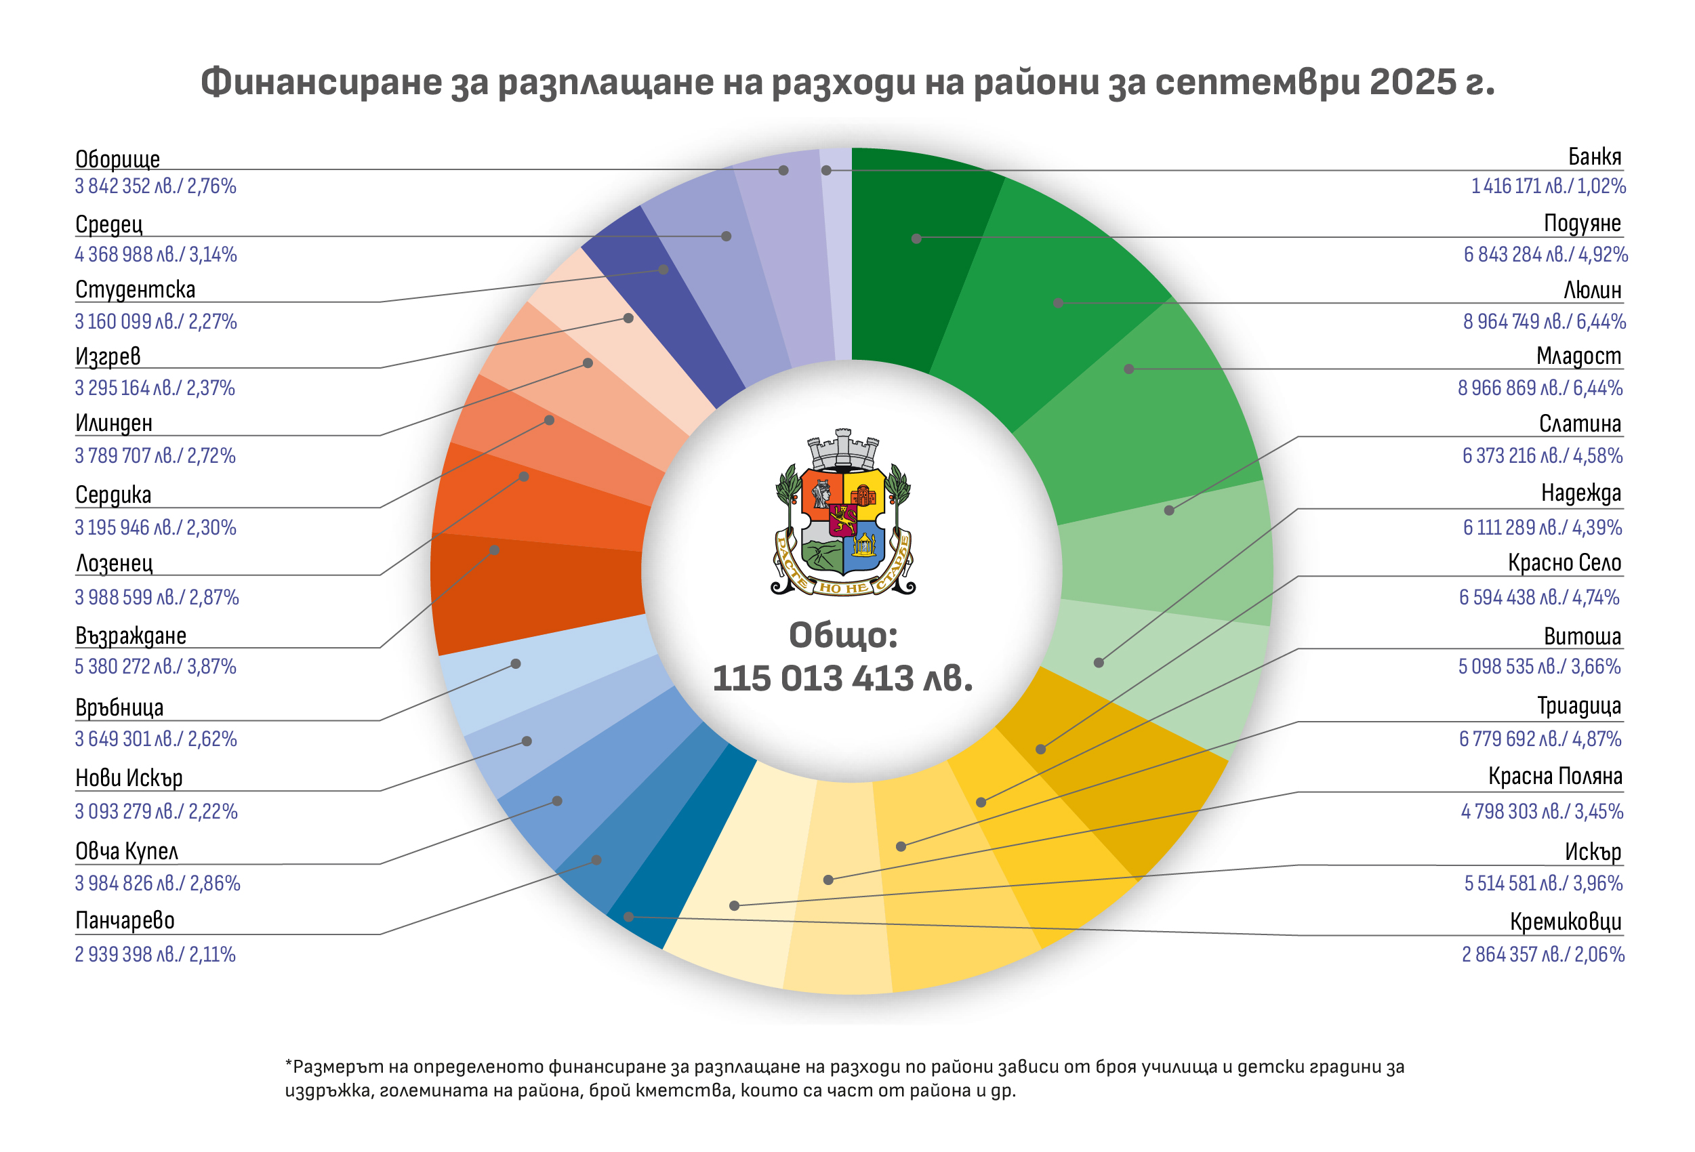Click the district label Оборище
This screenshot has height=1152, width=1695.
(x=117, y=159)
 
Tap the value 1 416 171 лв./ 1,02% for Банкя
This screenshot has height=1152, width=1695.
(x=1548, y=186)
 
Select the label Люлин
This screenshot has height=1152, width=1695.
(x=1591, y=290)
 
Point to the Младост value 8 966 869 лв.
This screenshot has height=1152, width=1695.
(x=1540, y=388)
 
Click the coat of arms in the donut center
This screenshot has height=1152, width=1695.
(x=842, y=512)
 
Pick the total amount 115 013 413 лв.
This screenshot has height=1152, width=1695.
(x=842, y=679)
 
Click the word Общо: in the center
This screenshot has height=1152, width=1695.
(x=842, y=635)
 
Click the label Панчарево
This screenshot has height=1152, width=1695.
(x=125, y=921)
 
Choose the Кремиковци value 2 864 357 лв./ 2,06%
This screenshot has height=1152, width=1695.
(x=1543, y=954)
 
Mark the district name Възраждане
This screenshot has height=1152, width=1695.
(x=131, y=636)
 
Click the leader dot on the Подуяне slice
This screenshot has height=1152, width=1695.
(x=916, y=239)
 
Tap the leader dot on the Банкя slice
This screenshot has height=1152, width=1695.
(x=825, y=171)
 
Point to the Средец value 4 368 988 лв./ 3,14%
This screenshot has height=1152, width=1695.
(x=155, y=255)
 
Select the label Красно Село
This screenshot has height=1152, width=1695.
(x=1564, y=563)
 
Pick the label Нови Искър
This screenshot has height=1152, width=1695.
(x=128, y=778)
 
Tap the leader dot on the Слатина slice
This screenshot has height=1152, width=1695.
(x=1168, y=510)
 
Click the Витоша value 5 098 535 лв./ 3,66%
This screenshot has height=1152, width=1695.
(x=1539, y=666)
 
